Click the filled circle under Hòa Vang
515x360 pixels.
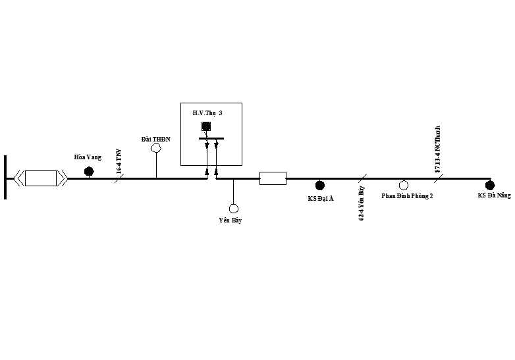point(89,172)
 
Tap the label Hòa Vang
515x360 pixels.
point(88,157)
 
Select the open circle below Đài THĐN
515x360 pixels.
point(157,149)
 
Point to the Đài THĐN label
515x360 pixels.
point(156,139)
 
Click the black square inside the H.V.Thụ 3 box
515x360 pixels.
point(206,126)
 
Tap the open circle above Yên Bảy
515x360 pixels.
point(233,208)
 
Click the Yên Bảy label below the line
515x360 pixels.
point(230,220)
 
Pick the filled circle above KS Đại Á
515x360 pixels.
point(320,186)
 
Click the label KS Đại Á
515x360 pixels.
point(321,198)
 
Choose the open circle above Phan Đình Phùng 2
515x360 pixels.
point(404,186)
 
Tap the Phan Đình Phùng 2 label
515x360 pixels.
point(407,196)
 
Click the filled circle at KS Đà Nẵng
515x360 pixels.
point(489,185)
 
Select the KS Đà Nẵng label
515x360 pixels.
point(494,195)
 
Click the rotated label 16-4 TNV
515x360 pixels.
point(119,161)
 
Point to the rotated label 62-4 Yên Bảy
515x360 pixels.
point(362,203)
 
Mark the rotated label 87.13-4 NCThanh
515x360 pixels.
point(438,151)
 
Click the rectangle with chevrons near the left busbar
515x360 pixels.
point(41,178)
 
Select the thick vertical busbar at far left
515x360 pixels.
point(5,176)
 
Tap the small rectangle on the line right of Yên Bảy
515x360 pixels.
point(273,178)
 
